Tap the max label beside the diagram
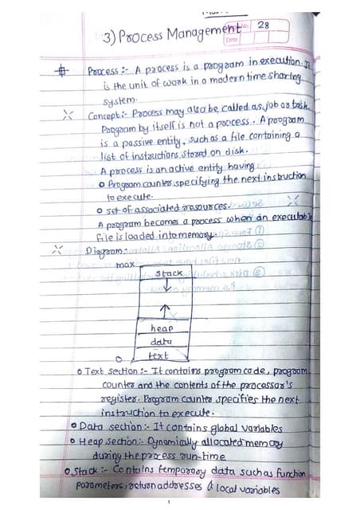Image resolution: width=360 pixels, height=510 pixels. tap(125, 264)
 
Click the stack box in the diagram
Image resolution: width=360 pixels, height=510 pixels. tap(168, 273)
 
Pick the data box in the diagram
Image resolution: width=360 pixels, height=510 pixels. tap(162, 342)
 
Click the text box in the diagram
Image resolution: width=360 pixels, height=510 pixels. tap(161, 355)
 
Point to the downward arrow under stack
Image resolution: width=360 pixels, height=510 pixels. tap(166, 285)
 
